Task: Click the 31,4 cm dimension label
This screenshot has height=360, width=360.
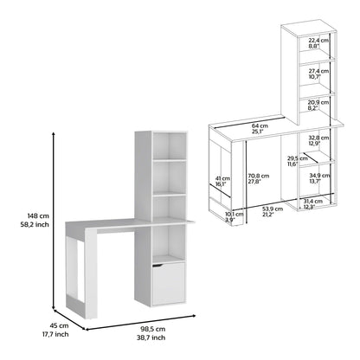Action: click(314, 202)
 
